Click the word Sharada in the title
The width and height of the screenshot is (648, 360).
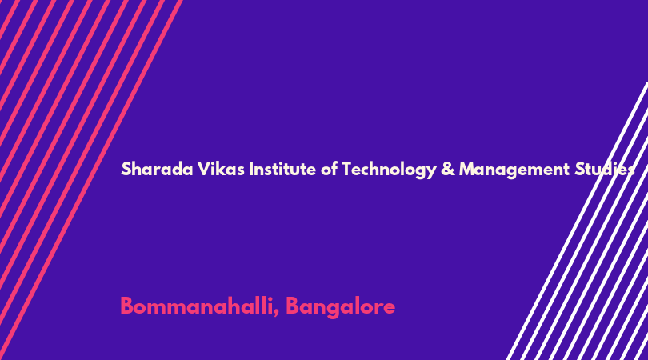pyautogui.click(x=157, y=169)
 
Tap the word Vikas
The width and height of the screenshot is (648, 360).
pyautogui.click(x=221, y=169)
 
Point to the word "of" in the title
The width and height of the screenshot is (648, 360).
pyautogui.click(x=329, y=169)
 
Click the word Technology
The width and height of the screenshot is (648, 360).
pyautogui.click(x=389, y=170)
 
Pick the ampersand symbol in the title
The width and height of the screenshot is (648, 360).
pyautogui.click(x=447, y=169)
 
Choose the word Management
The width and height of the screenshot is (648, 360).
pyautogui.click(x=514, y=170)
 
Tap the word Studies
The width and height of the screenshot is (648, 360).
pyautogui.click(x=605, y=170)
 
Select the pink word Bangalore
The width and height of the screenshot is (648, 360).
pyautogui.click(x=341, y=307)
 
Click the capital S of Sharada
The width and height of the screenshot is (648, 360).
pyautogui.click(x=126, y=169)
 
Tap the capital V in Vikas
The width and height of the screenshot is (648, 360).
pyautogui.click(x=203, y=169)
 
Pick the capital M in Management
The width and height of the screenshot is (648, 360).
pyautogui.click(x=467, y=169)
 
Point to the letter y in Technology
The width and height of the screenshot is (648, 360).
pyautogui.click(x=432, y=171)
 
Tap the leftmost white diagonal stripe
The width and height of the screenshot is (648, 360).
pyautogui.click(x=577, y=221)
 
